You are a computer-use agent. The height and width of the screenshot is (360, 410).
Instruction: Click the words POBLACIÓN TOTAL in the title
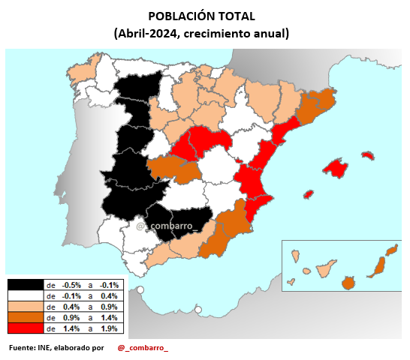[x=201, y=16]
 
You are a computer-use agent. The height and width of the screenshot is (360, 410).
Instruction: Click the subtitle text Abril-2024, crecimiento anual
[x=201, y=34]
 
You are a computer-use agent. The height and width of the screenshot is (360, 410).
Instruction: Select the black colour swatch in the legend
[x=25, y=285]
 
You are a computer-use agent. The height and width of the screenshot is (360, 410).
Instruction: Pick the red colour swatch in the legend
[x=25, y=328]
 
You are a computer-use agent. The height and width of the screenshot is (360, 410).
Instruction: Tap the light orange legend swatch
[x=25, y=307]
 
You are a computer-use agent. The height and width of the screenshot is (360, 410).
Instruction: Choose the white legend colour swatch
[x=25, y=296]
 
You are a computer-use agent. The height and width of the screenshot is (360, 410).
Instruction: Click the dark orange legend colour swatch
[x=25, y=317]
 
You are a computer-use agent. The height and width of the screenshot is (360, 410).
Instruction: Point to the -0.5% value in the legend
[x=71, y=285]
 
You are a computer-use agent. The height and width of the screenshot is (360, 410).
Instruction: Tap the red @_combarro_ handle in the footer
[x=143, y=348]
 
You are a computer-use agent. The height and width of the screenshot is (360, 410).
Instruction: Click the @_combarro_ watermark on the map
[x=167, y=224]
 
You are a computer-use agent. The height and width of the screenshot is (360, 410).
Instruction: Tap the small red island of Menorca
[x=367, y=155]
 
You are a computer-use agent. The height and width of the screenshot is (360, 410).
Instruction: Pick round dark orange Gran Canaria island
[x=348, y=283]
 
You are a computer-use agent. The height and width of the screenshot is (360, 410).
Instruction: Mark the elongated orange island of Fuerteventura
[x=381, y=265]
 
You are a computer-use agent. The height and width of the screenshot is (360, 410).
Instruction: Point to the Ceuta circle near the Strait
[x=140, y=290]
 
